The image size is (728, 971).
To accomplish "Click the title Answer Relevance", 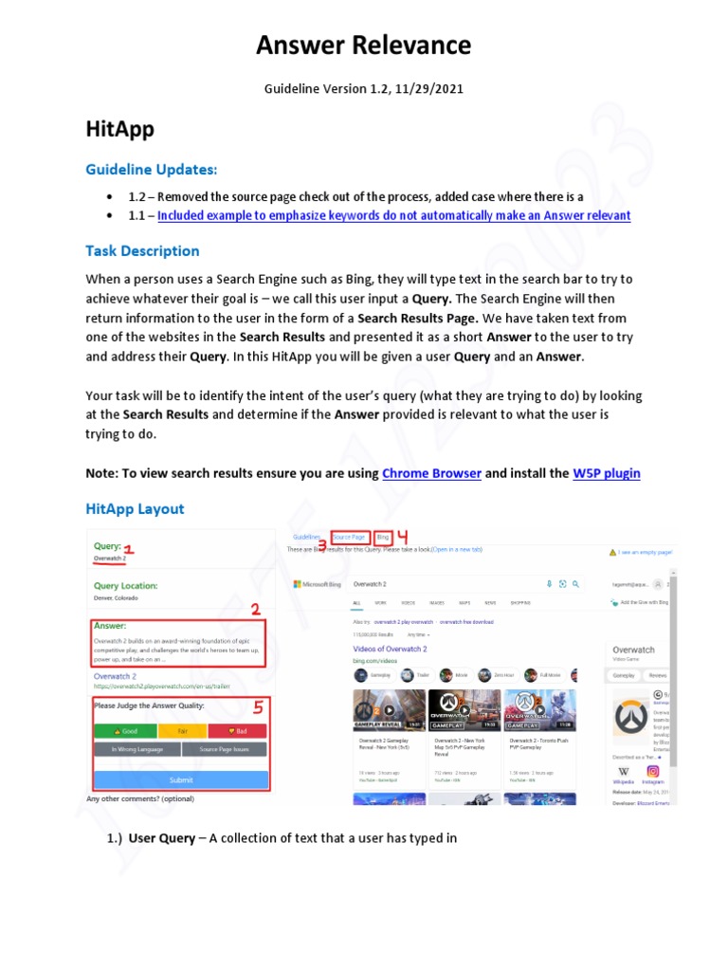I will click(364, 45).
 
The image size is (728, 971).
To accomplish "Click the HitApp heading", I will click(119, 129).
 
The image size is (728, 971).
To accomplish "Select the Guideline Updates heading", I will click(151, 169).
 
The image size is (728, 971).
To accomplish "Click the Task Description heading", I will click(142, 250).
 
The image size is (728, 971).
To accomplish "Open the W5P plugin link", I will click(607, 472).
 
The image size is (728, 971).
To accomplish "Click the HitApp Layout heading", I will click(135, 508).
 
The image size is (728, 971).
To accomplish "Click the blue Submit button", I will click(180, 779).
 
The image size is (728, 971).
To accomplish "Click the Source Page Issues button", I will click(224, 749).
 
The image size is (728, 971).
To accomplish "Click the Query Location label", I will click(126, 586).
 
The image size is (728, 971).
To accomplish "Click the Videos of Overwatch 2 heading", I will click(390, 649).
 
